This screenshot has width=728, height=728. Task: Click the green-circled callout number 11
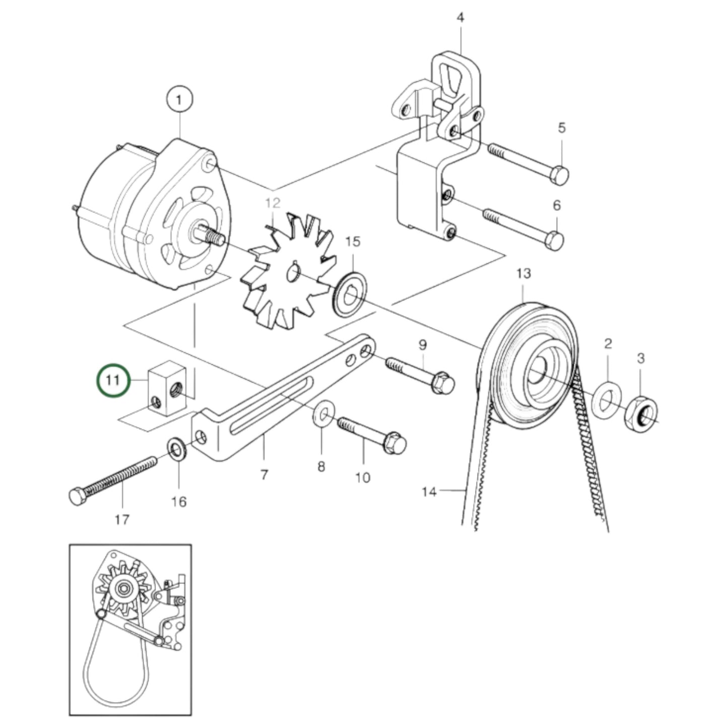click(x=113, y=380)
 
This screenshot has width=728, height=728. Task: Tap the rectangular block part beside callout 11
click(x=166, y=388)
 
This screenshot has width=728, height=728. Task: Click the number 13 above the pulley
click(x=523, y=274)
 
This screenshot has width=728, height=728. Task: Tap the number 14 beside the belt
click(x=429, y=491)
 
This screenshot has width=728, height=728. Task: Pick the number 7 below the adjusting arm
click(x=264, y=474)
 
